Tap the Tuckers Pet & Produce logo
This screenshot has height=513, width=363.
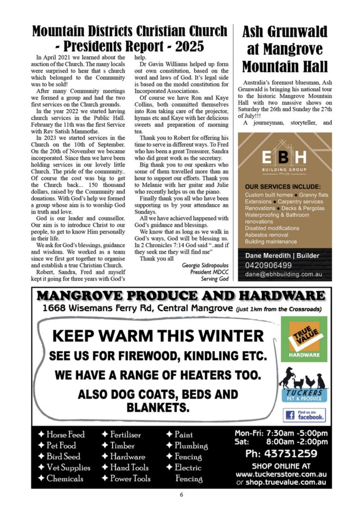pyautogui.click(x=304, y=384)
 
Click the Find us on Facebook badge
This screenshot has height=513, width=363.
pyautogui.click(x=304, y=416)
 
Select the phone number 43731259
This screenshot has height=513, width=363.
pyautogui.click(x=281, y=454)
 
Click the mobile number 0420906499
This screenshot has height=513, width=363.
pyautogui.click(x=268, y=265)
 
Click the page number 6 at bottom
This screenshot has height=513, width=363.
pyautogui.click(x=181, y=494)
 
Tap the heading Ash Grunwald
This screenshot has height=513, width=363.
pyautogui.click(x=285, y=32)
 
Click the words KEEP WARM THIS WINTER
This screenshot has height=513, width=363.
pyautogui.click(x=157, y=336)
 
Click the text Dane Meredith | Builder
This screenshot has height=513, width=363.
pyautogui.click(x=282, y=256)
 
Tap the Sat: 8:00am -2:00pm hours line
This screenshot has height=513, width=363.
pyautogui.click(x=281, y=442)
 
